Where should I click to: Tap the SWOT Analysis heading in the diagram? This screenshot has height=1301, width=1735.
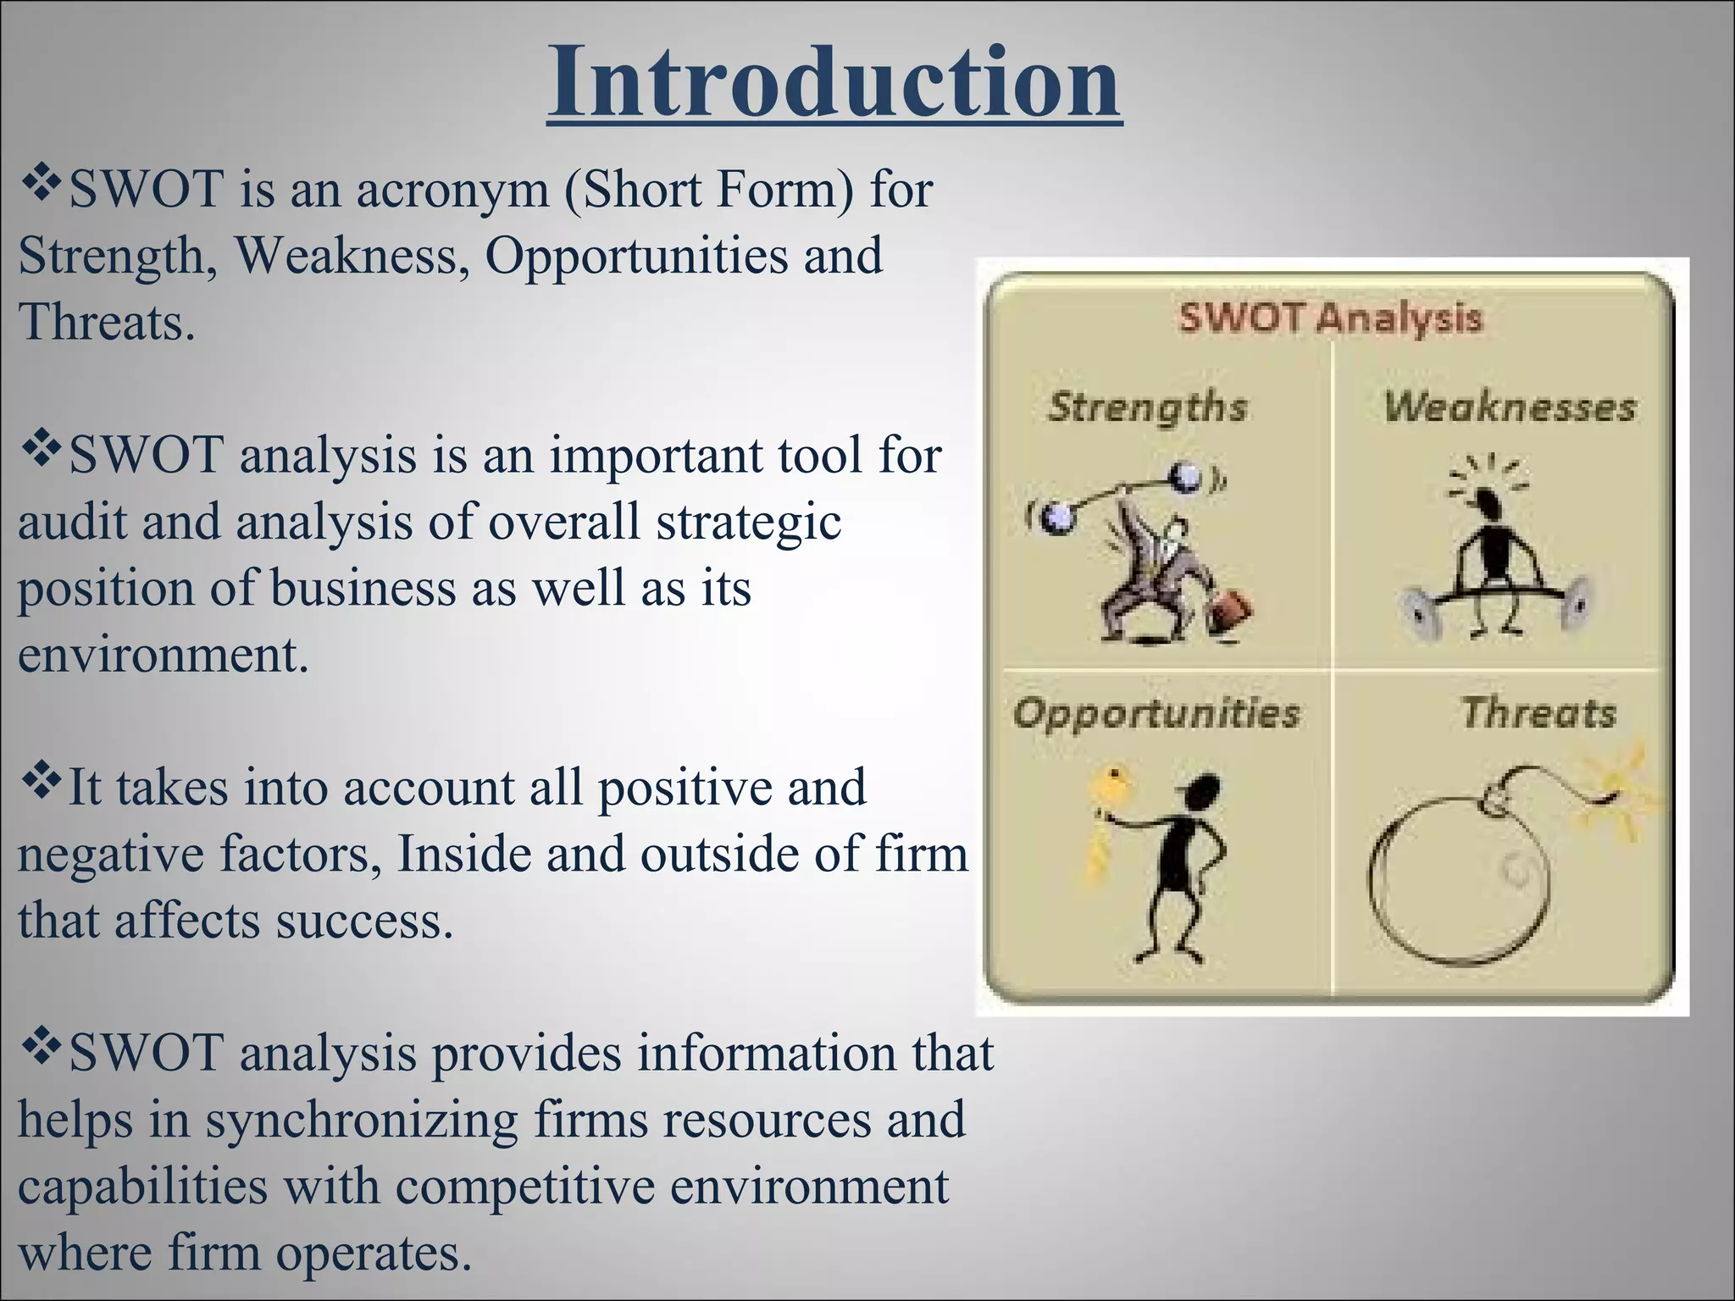coord(1330,318)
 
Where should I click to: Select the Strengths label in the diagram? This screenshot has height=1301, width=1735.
coord(1147,407)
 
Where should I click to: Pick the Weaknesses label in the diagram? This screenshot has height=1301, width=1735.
coord(1510,407)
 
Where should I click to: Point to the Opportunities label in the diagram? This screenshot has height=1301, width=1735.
coord(1156,713)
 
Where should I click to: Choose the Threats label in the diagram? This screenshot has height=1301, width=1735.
coord(1538,713)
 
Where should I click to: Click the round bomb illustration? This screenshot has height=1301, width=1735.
coord(1457,881)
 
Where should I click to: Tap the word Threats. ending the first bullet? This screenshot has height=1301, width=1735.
coord(107,324)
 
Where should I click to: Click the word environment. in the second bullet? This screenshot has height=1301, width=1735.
coord(164,655)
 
